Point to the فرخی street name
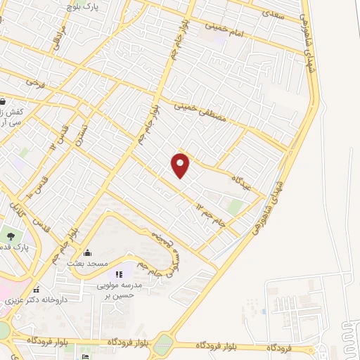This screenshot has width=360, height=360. point(34,82)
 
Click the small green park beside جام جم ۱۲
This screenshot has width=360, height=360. point(236,206)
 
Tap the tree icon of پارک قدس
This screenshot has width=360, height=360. point(10,234)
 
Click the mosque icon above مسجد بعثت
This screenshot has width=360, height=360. point(87,253)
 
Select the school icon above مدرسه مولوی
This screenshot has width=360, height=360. point(119,273)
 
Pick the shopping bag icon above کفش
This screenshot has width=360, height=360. point(2,100)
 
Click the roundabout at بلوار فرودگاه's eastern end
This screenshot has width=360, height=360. point(162,345)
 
